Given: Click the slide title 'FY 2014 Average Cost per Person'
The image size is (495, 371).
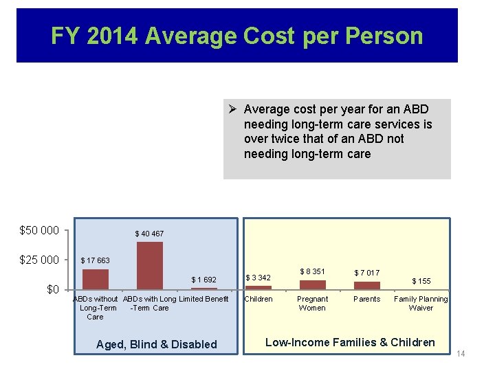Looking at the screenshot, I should pos(236,36).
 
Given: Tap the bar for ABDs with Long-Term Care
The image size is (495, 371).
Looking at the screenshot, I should pos(150,266).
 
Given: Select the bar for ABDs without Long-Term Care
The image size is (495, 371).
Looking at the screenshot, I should pos(96,279).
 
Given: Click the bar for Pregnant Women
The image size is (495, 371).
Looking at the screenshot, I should pos(313,284).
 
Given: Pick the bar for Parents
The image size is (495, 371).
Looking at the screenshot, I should pos(367,285).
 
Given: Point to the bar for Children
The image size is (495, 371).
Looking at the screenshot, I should pos(259,287).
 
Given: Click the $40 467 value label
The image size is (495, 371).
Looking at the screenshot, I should pos(149,234).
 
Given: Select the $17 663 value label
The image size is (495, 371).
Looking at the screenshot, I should pos(95,260).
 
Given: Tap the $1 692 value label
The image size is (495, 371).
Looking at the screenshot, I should pos(203,280).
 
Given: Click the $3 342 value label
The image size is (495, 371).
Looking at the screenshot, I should pos(258,278).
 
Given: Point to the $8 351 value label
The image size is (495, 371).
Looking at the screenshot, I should pos(313,271).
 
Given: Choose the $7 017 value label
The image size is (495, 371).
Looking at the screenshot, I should pos(367,273).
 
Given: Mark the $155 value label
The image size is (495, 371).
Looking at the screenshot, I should pos(421,281).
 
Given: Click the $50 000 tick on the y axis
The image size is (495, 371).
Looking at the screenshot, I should pos(39,230).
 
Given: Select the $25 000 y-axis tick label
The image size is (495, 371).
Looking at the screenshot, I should pos(39,260).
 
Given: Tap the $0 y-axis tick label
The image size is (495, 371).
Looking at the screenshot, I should pos(52,289).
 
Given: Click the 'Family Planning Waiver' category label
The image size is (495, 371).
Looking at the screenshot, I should pos(421,304).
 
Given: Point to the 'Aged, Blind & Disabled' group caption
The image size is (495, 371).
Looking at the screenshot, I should pos(156,344).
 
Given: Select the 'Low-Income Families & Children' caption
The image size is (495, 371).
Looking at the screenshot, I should pos(350,342).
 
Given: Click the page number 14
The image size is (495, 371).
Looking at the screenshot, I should pos(461,353).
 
